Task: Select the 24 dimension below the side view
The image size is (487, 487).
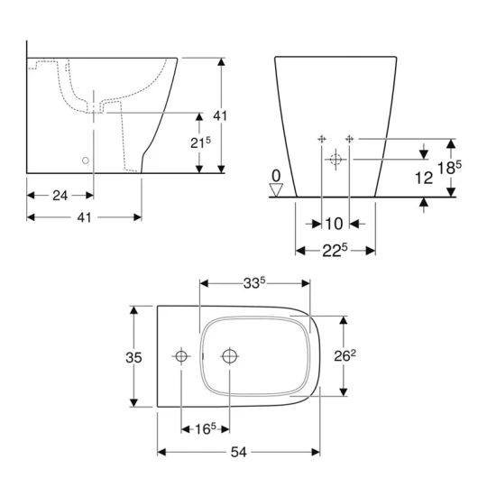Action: pyautogui.click(x=60, y=195)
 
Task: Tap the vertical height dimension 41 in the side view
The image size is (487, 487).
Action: pyautogui.click(x=219, y=115)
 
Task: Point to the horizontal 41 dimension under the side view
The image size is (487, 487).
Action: pyautogui.click(x=84, y=216)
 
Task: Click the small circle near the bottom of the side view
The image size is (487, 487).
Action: pyautogui.click(x=85, y=160)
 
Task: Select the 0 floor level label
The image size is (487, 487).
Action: pyautogui.click(x=277, y=175)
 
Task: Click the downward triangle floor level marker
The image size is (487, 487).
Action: pyautogui.click(x=277, y=189)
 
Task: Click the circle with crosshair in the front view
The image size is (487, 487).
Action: pyautogui.click(x=335, y=160)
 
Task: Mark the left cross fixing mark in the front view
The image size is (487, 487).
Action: pyautogui.click(x=322, y=138)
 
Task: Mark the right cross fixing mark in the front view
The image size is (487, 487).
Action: pyautogui.click(x=350, y=138)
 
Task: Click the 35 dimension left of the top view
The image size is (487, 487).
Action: pyautogui.click(x=133, y=358)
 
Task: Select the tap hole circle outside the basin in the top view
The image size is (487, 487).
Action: pyautogui.click(x=181, y=357)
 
